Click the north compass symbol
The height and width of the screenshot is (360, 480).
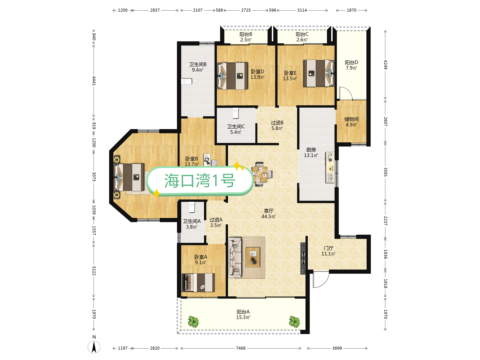click(x=94, y=347)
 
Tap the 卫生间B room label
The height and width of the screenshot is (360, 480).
click(x=198, y=67)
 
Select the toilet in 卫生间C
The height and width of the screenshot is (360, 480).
click(x=236, y=113)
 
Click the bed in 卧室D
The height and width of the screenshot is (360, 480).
click(x=233, y=76)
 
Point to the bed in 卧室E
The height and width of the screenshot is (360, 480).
click(x=318, y=73)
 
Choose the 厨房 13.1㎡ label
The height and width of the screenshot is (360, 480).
click(x=311, y=153)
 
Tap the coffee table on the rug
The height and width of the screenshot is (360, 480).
click(x=253, y=257)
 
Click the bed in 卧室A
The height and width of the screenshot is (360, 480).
click(x=198, y=283)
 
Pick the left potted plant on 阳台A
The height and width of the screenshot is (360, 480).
click(x=193, y=322)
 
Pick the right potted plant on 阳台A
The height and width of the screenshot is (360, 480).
click(x=294, y=322)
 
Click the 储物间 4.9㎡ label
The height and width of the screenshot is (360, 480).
click(x=351, y=122)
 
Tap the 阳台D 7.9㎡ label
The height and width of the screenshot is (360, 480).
click(x=351, y=65)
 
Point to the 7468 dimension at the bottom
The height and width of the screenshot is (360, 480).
click(x=241, y=348)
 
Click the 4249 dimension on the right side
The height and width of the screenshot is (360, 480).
click(x=385, y=65)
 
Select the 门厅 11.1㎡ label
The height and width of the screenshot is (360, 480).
click(x=328, y=251)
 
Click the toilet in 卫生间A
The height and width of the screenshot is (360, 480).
click(x=192, y=207)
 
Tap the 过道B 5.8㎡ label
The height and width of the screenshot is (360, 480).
click(x=277, y=125)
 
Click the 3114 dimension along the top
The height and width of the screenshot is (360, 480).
click(x=302, y=10)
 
